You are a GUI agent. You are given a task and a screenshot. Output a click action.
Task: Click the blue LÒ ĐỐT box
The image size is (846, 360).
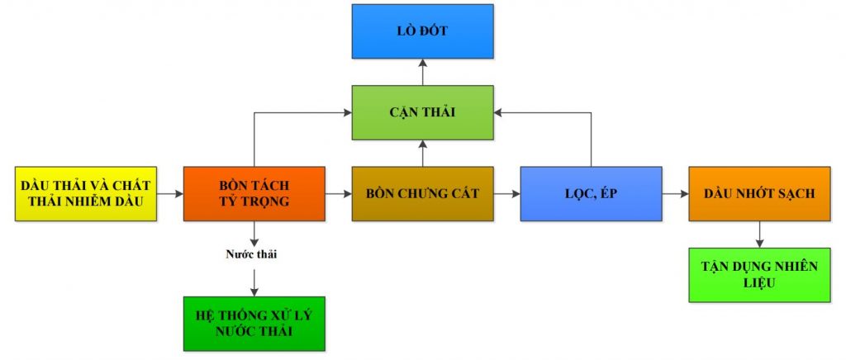(422, 31)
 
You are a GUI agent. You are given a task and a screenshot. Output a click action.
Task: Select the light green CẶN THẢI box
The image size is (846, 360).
(422, 111)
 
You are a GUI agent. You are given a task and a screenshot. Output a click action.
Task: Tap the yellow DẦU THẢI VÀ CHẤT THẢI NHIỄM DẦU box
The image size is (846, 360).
(86, 193)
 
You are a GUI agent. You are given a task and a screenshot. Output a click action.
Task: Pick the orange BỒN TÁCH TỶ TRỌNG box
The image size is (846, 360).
(254, 193)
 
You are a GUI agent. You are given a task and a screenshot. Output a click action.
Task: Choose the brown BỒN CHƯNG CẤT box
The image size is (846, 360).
(422, 193)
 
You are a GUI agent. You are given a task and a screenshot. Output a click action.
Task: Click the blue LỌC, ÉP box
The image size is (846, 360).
(591, 193)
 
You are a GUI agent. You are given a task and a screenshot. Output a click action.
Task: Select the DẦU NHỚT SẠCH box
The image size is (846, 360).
(759, 193)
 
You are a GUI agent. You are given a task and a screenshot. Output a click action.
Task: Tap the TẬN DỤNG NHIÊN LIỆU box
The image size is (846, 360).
(759, 274)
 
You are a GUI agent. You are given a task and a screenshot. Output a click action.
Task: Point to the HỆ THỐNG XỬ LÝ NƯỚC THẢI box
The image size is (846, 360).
(254, 324)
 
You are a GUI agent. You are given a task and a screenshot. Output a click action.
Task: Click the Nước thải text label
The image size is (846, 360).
(251, 254)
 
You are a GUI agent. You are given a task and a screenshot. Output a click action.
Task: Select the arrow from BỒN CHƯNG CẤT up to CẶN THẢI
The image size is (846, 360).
(422, 152)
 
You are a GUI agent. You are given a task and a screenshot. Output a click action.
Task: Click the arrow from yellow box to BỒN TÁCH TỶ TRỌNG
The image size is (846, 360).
(170, 194)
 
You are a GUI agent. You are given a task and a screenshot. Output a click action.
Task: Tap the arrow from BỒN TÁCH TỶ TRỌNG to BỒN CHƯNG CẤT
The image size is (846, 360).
(339, 194)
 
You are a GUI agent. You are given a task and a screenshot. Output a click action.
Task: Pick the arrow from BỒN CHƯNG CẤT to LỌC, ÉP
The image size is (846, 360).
(507, 194)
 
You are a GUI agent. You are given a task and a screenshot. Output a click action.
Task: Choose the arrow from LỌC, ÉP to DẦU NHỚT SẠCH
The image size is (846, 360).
(675, 194)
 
